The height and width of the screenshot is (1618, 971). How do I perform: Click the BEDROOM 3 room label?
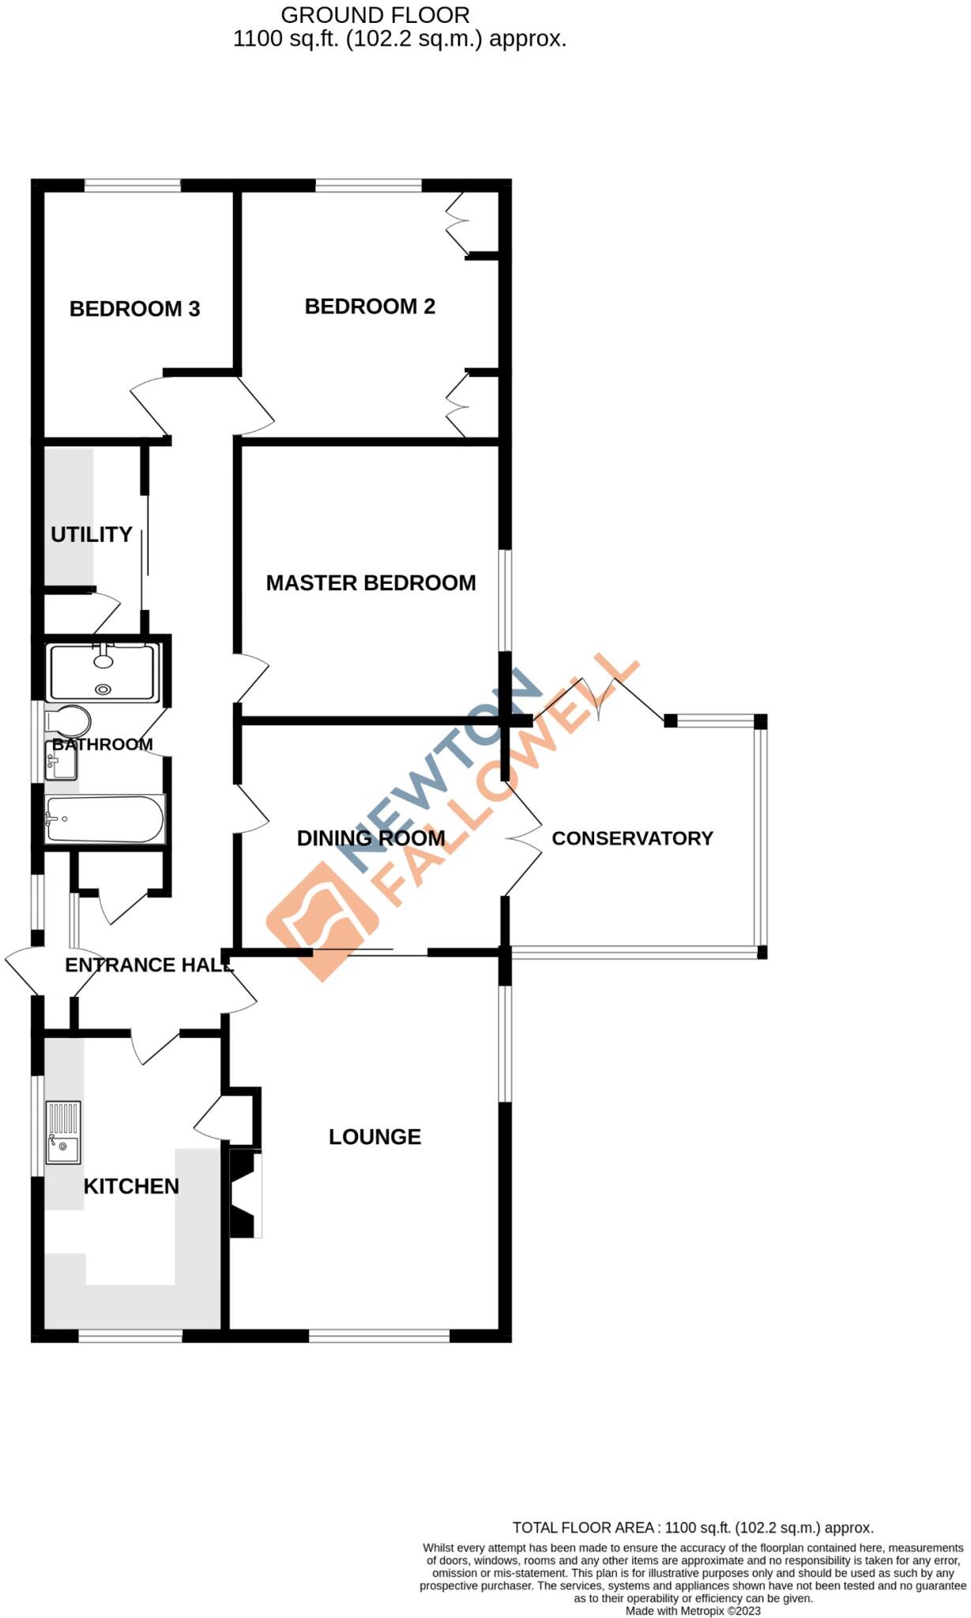click(134, 309)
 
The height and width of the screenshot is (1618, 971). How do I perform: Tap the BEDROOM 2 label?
click(370, 307)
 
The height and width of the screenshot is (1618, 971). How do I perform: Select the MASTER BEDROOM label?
click(371, 583)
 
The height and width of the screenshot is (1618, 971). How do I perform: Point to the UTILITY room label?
click(91, 535)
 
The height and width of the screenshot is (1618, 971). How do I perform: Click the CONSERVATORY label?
click(632, 838)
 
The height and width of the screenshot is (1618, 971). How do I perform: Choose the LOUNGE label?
click(374, 1137)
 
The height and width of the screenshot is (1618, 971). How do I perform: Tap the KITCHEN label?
click(131, 1187)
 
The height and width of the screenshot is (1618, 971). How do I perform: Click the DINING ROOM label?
click(371, 838)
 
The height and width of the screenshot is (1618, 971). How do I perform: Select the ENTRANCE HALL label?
click(149, 965)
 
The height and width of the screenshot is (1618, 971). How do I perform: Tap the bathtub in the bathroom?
click(104, 819)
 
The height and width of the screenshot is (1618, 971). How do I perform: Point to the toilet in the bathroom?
click(66, 721)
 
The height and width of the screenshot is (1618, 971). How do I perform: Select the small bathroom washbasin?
click(60, 763)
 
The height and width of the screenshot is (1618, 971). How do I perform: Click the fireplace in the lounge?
click(245, 1193)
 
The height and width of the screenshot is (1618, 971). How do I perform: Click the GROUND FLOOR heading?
click(375, 15)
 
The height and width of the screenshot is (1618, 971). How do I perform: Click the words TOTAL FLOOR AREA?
click(585, 1528)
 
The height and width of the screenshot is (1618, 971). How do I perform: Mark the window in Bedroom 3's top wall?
click(133, 186)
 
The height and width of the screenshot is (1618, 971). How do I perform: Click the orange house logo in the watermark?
click(322, 920)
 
